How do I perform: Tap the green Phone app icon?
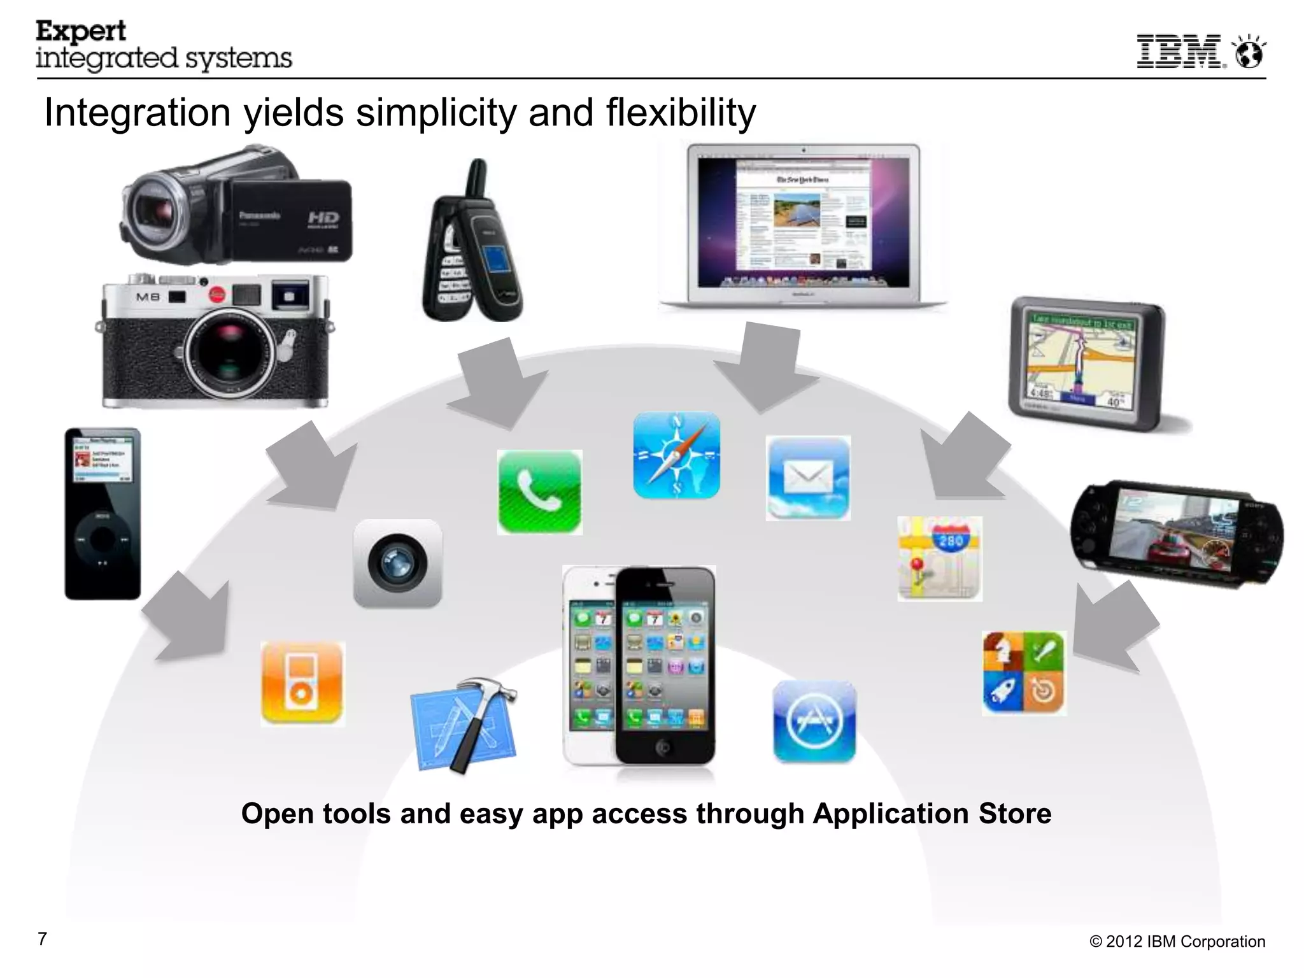tap(539, 492)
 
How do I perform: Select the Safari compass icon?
tap(676, 455)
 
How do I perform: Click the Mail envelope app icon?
tap(808, 478)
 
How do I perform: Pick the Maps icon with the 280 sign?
tap(940, 558)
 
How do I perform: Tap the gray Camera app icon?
tap(397, 563)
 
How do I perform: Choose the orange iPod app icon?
tap(302, 683)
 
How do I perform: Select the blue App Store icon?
tap(814, 721)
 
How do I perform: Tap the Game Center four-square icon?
tap(1024, 673)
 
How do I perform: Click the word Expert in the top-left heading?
tap(81, 31)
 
